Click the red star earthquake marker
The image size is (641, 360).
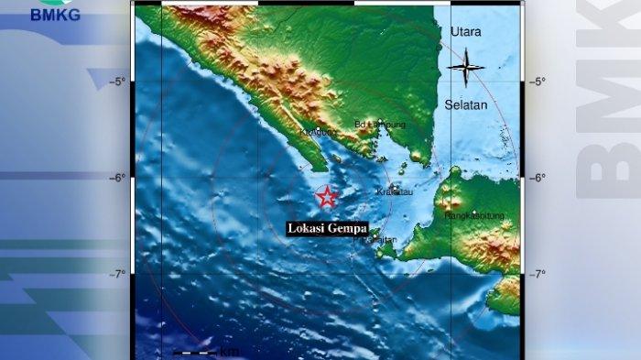(326, 196)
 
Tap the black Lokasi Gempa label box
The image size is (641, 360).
(327, 228)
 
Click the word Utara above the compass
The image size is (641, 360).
(465, 32)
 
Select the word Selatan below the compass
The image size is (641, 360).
(466, 105)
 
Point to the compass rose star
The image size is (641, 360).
(465, 66)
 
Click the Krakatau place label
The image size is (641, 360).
(395, 193)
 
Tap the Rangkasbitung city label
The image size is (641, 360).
(469, 216)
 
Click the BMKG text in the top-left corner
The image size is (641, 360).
(56, 14)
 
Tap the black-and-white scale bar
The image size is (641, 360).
(194, 353)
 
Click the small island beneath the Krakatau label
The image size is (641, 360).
(394, 187)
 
